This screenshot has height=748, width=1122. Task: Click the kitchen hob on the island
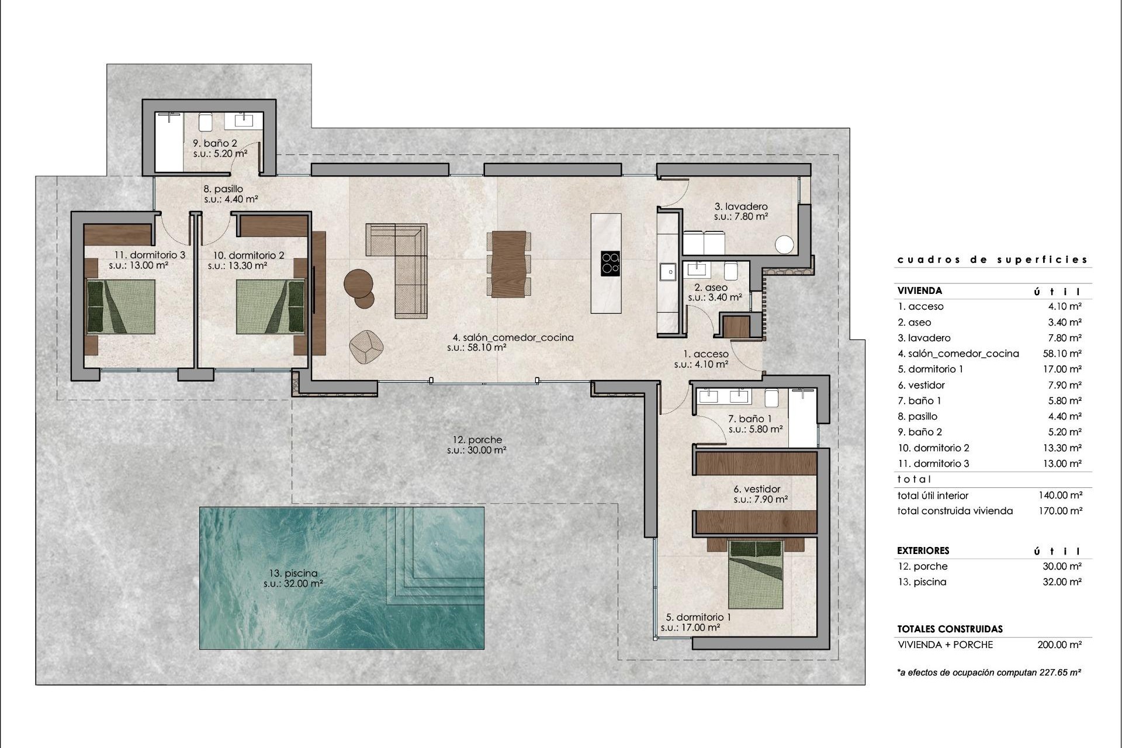611,263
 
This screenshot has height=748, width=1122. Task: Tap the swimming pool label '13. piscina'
293,573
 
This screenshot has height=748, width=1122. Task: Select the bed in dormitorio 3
121,307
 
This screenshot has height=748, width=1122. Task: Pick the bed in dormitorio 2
271,307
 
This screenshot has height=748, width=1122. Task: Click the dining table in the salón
508,264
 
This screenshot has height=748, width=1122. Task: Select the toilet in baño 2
205,122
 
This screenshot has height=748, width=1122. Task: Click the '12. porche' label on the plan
477,440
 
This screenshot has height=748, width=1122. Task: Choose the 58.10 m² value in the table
1062,354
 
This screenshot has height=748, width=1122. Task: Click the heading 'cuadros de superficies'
992,259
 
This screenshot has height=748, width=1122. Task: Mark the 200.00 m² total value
1059,645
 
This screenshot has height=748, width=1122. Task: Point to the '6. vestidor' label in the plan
757,489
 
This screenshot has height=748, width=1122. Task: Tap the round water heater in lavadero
784,245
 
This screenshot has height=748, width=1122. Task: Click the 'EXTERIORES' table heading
923,550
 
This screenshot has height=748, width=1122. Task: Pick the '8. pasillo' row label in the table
917,417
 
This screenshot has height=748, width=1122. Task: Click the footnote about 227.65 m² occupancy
988,673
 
